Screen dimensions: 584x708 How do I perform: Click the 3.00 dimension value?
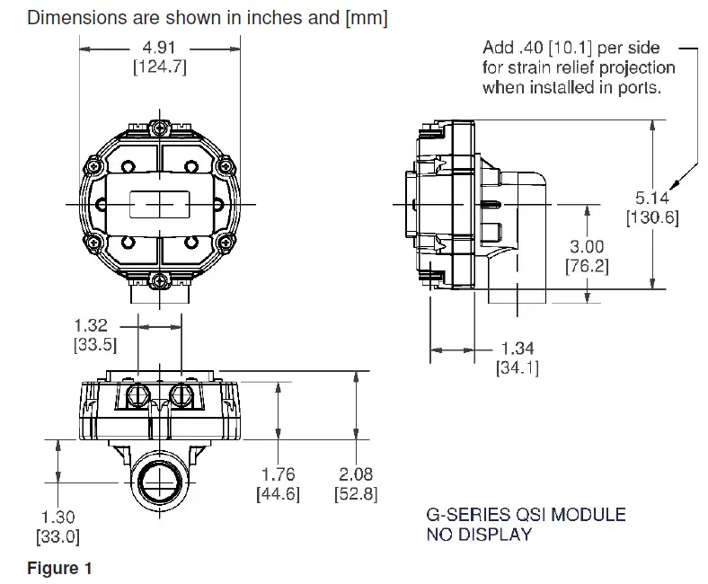point(587,247)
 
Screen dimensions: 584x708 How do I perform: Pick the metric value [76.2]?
point(587,266)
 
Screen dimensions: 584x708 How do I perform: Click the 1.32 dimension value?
point(92,325)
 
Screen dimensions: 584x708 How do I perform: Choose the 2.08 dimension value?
point(356,474)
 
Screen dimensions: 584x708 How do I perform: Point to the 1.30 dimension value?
point(58,518)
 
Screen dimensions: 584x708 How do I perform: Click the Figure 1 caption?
point(59,568)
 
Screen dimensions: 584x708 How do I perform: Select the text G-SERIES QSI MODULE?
point(525,515)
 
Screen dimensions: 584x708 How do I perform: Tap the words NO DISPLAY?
point(478,535)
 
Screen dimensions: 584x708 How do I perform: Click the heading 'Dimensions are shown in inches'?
point(208,18)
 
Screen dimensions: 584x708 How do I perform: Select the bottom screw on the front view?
point(160,281)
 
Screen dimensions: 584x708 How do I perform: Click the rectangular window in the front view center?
point(160,204)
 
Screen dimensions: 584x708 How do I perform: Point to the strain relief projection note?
point(579,67)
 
